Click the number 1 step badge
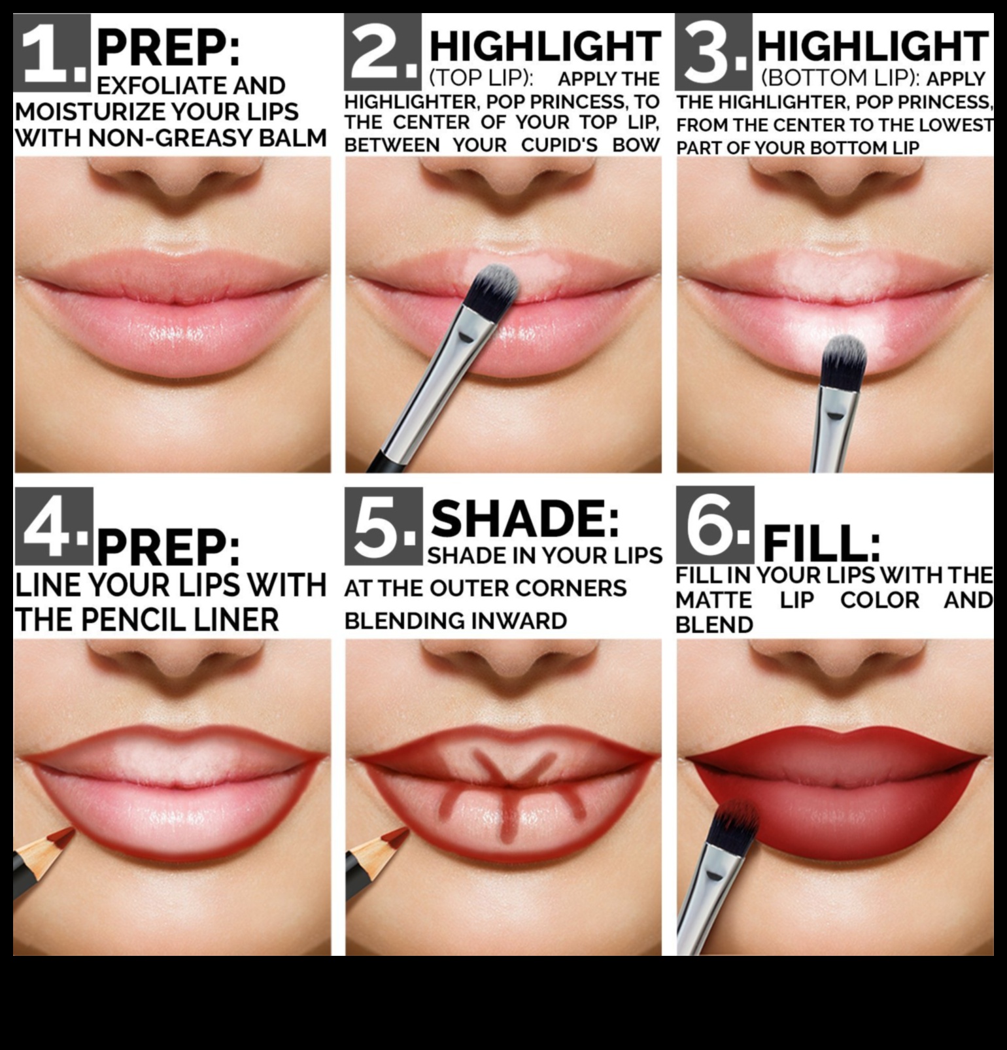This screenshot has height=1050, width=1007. tap(52, 52)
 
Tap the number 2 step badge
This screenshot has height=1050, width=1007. tap(383, 52)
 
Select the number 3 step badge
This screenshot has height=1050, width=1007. tap(714, 52)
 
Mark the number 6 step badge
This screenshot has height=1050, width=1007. tap(715, 525)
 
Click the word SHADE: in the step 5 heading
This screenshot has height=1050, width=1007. tap(525, 520)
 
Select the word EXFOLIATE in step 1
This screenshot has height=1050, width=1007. tap(162, 86)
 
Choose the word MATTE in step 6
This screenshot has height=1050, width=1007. tap(713, 600)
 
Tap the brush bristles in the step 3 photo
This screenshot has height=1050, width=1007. tap(844, 360)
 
